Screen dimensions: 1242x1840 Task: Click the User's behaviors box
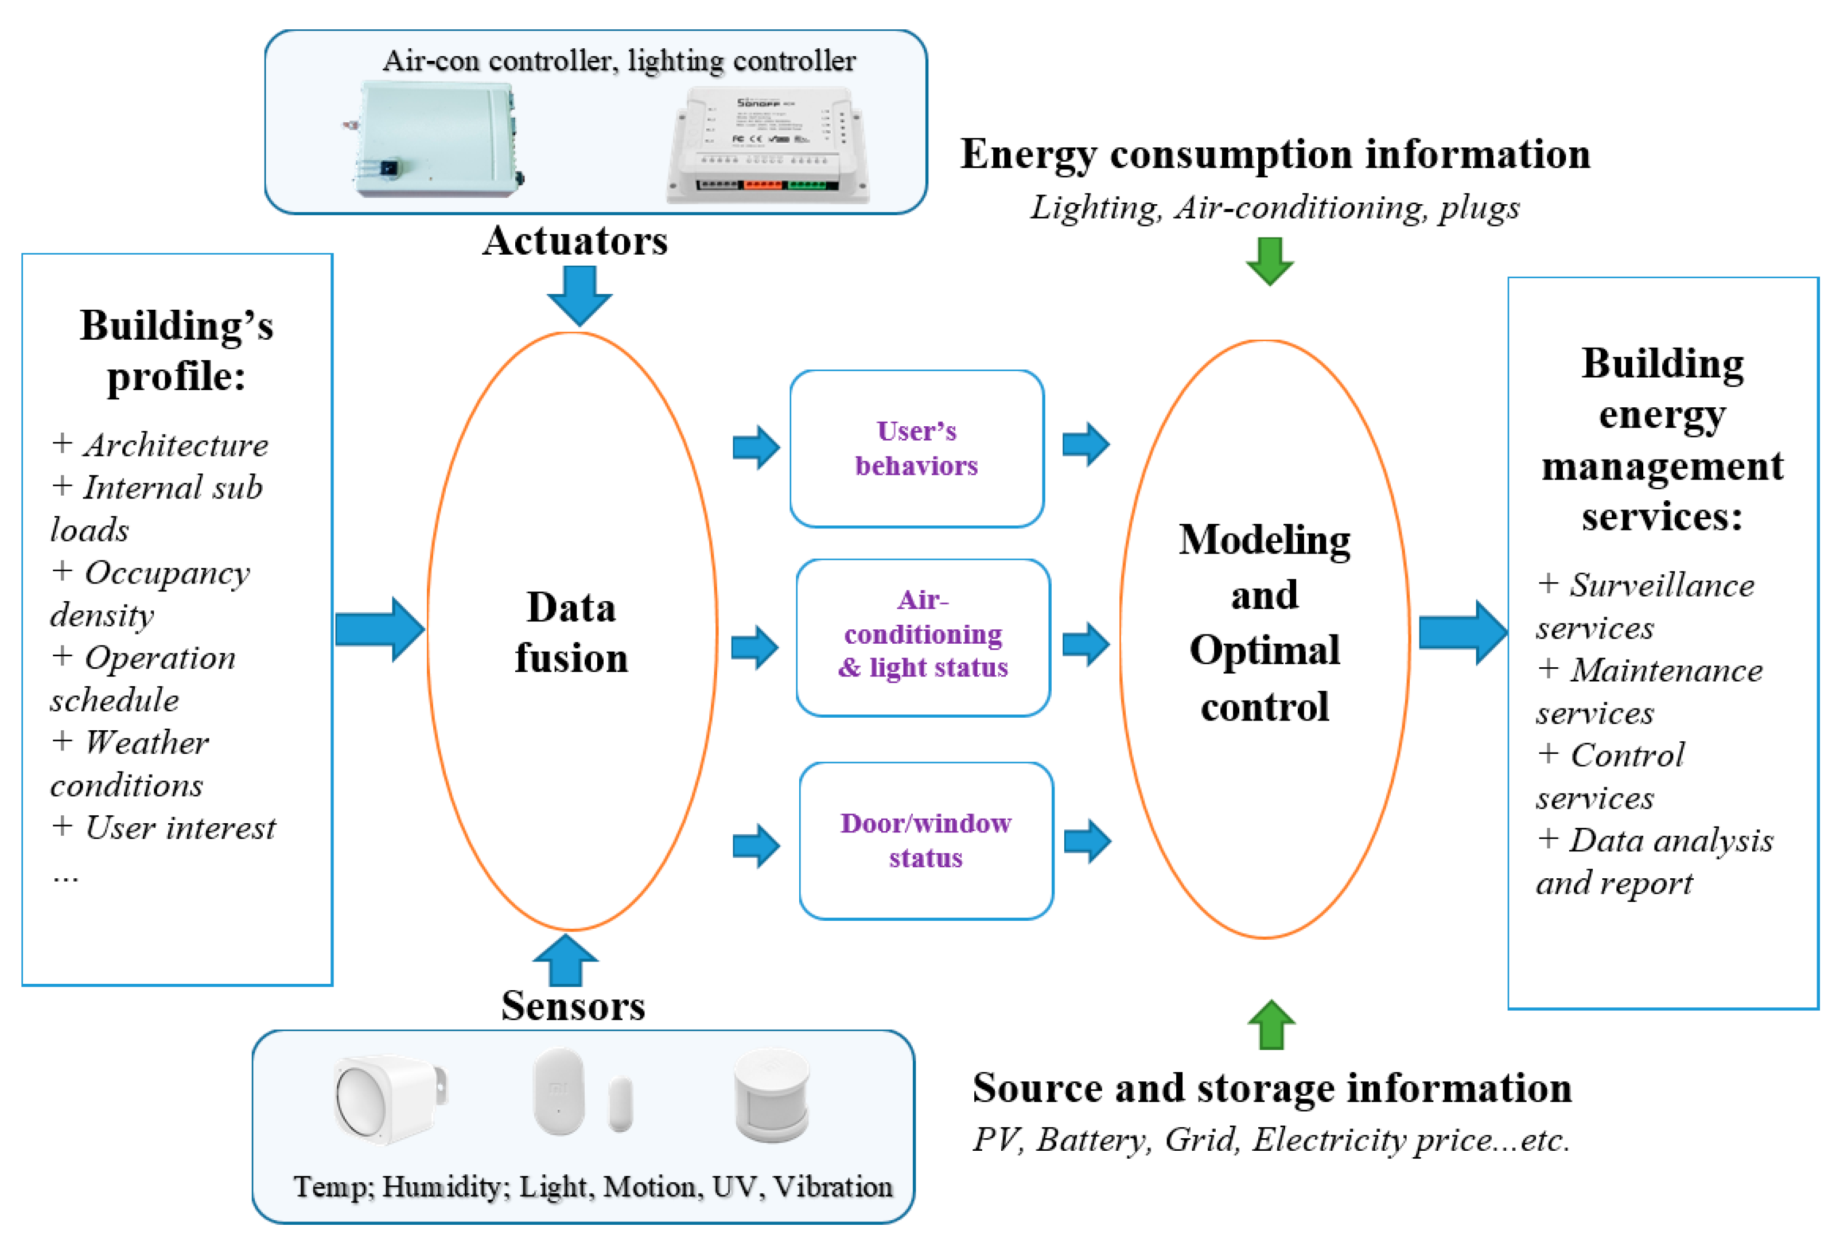tap(916, 448)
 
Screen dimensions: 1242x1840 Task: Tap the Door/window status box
tap(925, 840)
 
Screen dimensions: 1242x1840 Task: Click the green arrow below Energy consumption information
tap(1269, 261)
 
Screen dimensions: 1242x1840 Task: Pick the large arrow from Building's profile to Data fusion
tap(380, 629)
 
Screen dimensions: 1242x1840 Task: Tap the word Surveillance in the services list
tap(1661, 585)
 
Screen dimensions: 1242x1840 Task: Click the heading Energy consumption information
tap(1275, 154)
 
